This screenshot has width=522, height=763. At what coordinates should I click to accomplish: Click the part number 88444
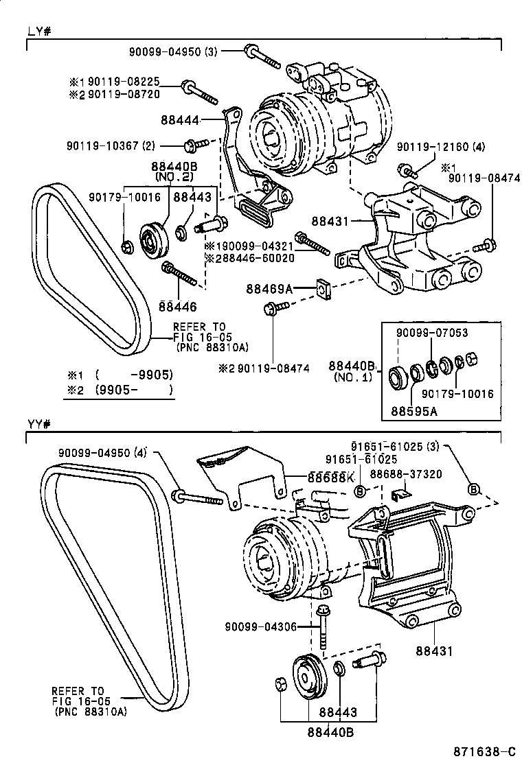click(x=180, y=120)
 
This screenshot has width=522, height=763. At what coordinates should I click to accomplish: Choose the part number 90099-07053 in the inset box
click(x=432, y=333)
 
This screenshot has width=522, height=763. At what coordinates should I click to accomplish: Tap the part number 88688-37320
click(x=405, y=473)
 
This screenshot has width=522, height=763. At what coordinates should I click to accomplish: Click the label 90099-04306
click(x=259, y=625)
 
